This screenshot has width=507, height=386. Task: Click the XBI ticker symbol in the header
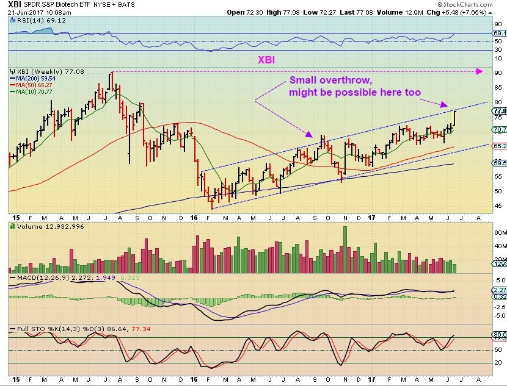(x=16, y=4)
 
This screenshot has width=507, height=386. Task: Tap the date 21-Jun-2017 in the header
(x=25, y=12)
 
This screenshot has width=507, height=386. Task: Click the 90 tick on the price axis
(x=497, y=73)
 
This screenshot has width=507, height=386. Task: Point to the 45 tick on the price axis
(x=497, y=206)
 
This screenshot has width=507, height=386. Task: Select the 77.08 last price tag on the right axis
(x=500, y=112)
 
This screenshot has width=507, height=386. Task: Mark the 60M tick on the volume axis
(x=498, y=232)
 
